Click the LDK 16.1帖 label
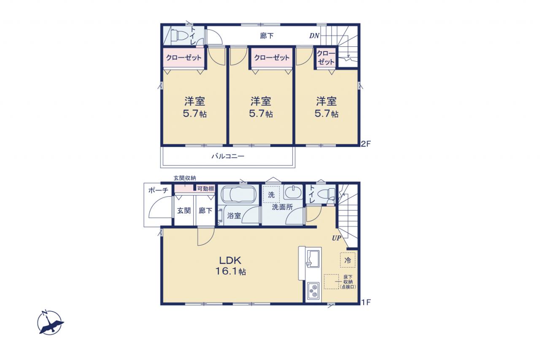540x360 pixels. [230, 266]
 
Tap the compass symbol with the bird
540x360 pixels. [50, 322]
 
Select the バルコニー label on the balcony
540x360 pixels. [228, 156]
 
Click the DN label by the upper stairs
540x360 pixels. [314, 36]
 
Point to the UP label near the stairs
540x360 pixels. [337, 238]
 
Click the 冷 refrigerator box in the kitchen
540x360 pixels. [348, 260]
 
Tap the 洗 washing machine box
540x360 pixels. [271, 195]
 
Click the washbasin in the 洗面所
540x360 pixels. [293, 192]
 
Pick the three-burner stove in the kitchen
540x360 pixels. [313, 291]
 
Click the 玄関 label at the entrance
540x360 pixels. [184, 211]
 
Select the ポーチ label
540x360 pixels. [158, 190]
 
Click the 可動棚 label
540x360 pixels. [205, 189]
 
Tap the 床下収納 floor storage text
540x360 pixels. [348, 282]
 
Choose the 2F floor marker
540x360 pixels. [365, 144]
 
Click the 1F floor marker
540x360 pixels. [366, 302]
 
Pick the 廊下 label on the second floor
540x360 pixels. [267, 36]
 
